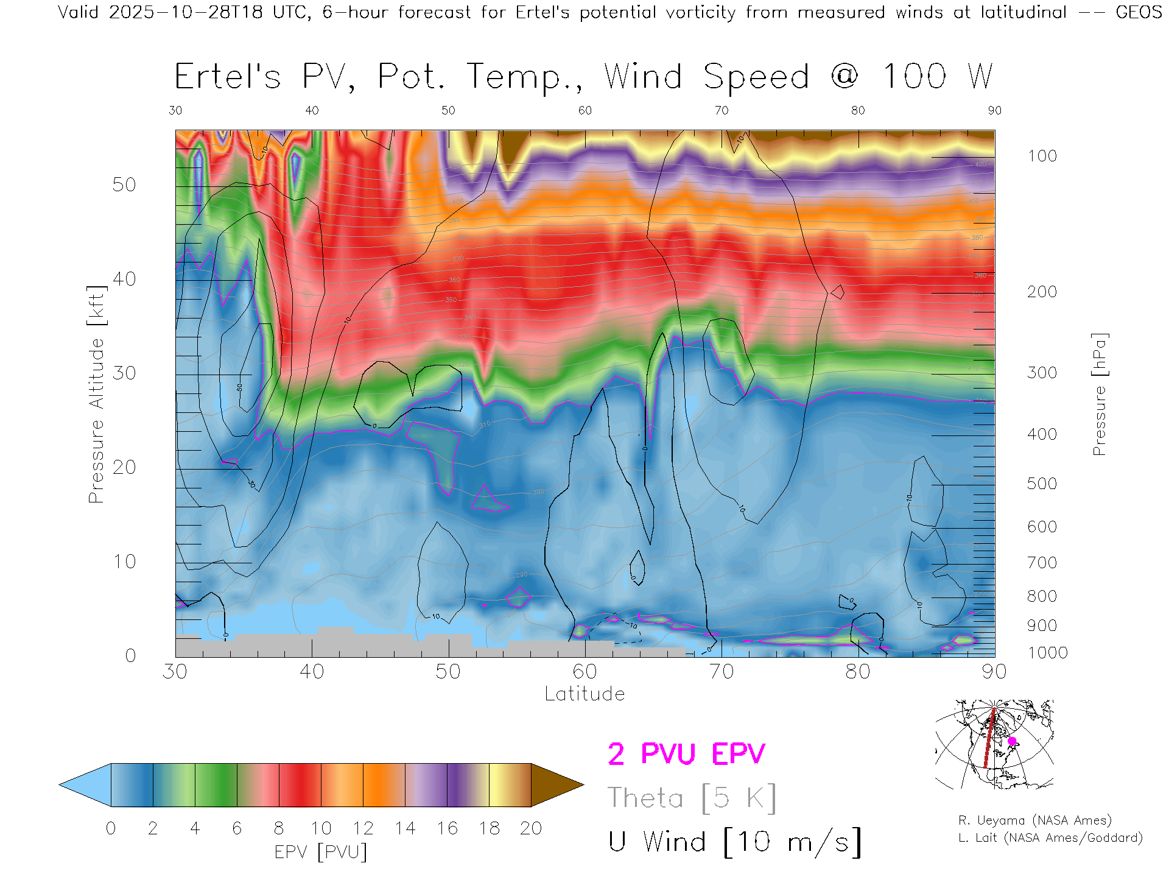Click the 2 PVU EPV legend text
point(686,754)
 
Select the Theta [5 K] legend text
point(692,798)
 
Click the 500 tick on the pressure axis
point(1042,484)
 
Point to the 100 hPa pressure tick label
point(1042,156)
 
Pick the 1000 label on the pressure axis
point(1047,653)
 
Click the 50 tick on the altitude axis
point(124,185)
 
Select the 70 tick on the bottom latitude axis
point(721,672)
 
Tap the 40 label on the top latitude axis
point(312,110)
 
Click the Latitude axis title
point(584,694)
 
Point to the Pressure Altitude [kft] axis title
point(96,394)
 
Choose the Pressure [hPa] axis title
point(1099,394)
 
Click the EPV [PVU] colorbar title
point(321,852)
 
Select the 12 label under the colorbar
point(363,828)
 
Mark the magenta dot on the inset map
point(1012,741)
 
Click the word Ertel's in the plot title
point(228,77)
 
